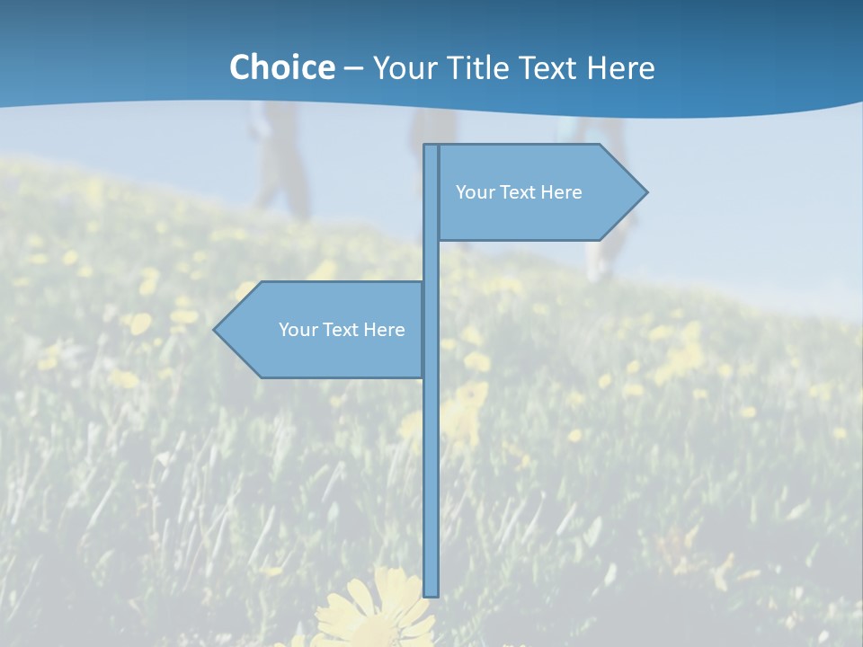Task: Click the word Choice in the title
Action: (x=281, y=67)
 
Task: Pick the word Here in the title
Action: (x=620, y=68)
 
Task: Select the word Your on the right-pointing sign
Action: (x=474, y=192)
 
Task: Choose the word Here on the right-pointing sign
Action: (x=561, y=192)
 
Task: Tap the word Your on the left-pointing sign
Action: (x=297, y=330)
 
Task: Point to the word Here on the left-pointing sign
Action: (x=384, y=330)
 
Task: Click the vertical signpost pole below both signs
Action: (x=431, y=485)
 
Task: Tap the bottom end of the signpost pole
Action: (x=431, y=592)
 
